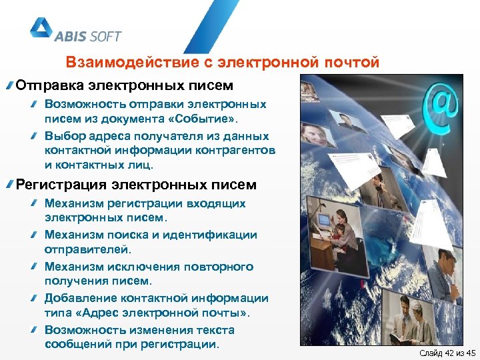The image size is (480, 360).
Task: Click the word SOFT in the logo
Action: point(103,36)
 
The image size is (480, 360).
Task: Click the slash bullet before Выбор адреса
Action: point(34,135)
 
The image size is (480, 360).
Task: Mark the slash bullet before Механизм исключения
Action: point(34,267)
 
